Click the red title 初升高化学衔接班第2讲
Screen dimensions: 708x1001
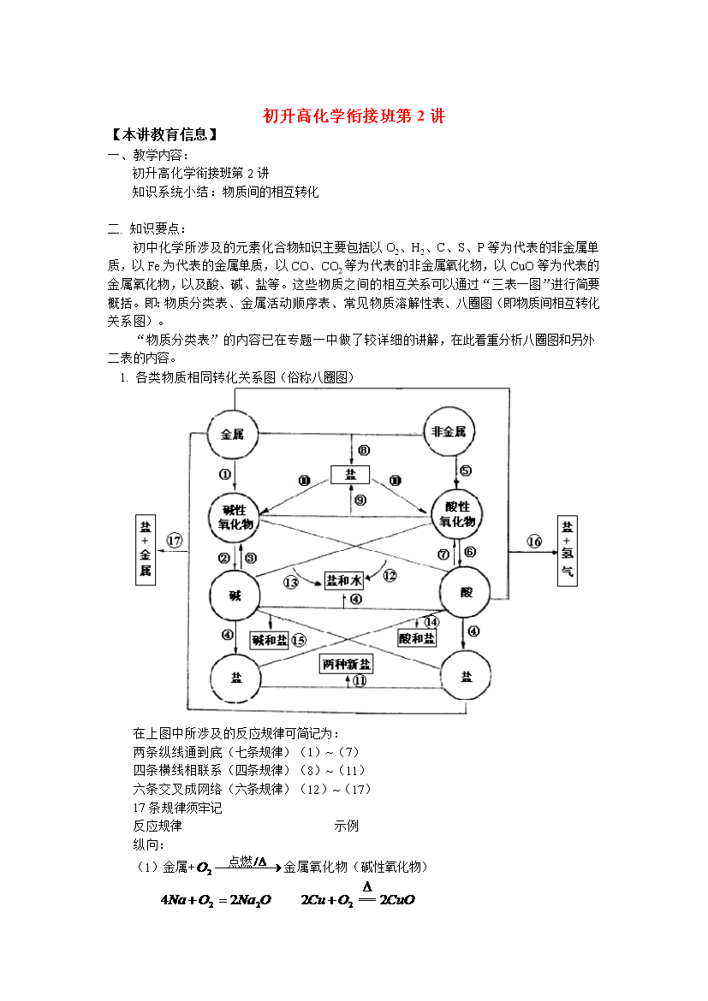coord(354,115)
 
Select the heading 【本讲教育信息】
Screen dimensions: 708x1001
coord(164,134)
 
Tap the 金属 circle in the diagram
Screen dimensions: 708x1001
coord(233,434)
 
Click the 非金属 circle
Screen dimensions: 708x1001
coord(449,431)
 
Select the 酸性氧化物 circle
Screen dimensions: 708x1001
coord(457,514)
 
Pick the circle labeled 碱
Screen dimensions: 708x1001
coord(235,595)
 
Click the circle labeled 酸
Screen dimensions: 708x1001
coord(465,592)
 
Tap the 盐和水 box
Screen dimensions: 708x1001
coord(344,580)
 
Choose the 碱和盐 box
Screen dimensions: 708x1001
coord(269,640)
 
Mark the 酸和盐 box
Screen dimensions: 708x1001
coord(417,637)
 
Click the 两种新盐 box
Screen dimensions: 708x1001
coord(347,664)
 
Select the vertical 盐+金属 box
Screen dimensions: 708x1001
coord(146,550)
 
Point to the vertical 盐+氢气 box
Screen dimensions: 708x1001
coord(568,550)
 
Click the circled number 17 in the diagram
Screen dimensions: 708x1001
coord(175,541)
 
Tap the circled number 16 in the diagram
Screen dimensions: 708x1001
coord(534,542)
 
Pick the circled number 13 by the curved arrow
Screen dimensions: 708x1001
coord(291,583)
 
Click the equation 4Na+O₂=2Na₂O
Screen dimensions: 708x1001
coord(216,900)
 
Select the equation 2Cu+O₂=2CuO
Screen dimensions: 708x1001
coord(358,895)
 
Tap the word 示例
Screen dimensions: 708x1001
coord(347,826)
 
